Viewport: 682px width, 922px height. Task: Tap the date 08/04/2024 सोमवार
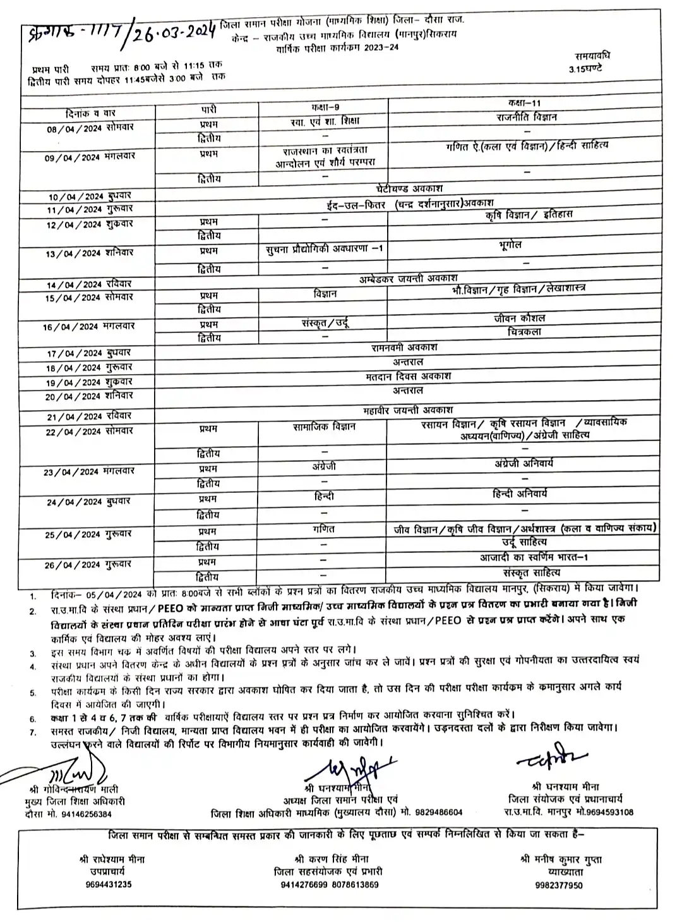point(90,128)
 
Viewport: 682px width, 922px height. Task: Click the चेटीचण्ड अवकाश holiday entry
point(409,188)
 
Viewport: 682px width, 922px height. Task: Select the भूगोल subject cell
point(508,245)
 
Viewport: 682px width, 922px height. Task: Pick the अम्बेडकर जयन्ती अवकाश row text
point(409,278)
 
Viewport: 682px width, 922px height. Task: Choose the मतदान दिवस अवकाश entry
point(408,376)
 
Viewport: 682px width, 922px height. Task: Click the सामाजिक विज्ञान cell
point(324,427)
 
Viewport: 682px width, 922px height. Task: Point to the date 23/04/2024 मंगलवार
point(89,472)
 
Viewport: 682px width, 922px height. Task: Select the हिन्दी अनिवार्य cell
point(520,494)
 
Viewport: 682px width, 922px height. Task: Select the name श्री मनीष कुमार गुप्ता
point(561,859)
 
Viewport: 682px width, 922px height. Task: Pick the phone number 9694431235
point(109,885)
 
